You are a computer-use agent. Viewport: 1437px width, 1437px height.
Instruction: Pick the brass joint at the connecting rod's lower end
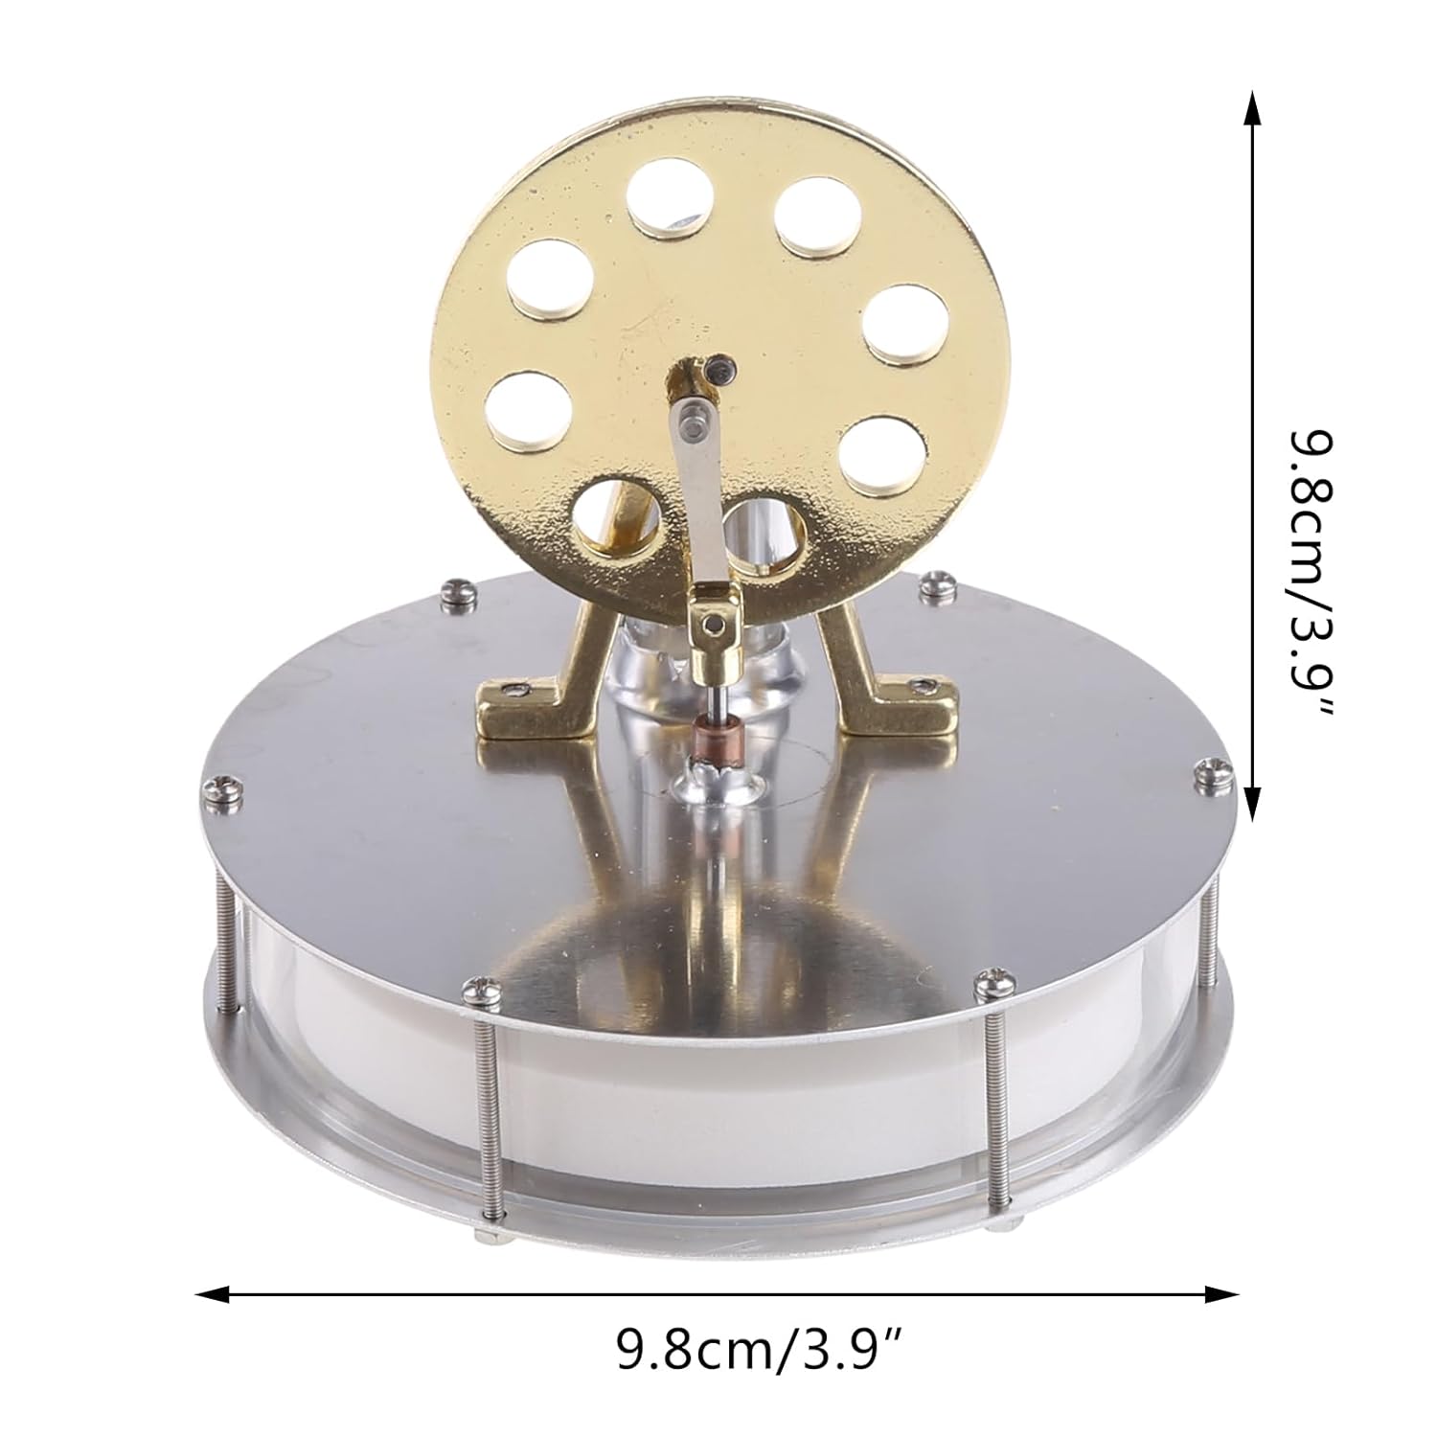[713, 620]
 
